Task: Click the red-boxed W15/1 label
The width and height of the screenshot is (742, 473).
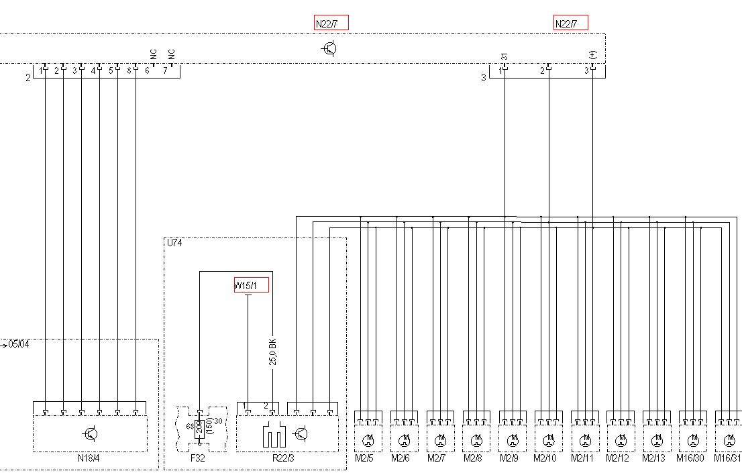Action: click(251, 285)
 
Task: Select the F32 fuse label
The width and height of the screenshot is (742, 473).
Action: click(197, 458)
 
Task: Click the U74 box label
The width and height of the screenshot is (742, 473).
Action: click(174, 243)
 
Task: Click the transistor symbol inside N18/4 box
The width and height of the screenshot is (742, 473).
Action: click(91, 434)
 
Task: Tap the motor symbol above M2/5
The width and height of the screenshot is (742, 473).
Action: click(368, 441)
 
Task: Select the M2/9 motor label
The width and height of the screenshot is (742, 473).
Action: click(509, 458)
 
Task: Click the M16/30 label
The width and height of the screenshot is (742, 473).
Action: click(692, 458)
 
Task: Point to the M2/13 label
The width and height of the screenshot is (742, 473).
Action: click(653, 458)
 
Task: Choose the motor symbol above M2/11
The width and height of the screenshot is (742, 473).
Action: click(584, 441)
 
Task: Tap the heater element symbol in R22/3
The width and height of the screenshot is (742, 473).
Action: click(272, 436)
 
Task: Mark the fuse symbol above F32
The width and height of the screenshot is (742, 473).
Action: click(199, 429)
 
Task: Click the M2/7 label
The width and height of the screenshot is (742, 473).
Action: click(437, 458)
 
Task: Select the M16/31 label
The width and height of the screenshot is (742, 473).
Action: click(727, 458)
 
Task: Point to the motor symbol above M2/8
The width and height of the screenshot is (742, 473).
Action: click(476, 441)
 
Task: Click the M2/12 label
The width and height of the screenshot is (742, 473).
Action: click(618, 458)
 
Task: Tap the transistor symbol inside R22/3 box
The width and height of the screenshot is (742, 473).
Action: click(303, 434)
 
